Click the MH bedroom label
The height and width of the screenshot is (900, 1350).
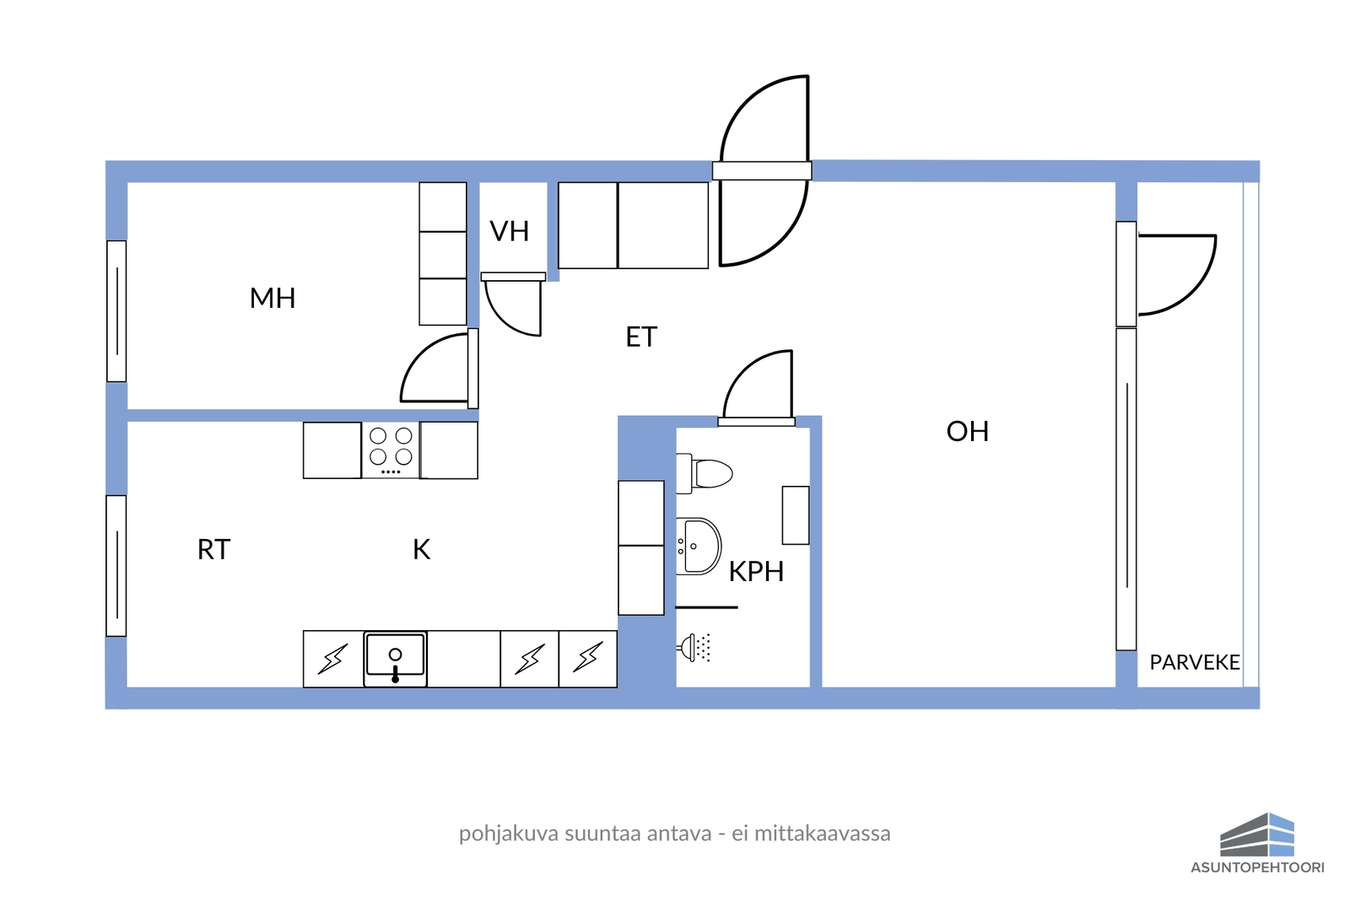(273, 299)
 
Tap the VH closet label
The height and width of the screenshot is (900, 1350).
(510, 231)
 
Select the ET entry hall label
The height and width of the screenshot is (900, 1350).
(641, 337)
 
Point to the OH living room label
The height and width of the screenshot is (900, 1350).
(967, 431)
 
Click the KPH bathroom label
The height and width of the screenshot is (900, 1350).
(756, 572)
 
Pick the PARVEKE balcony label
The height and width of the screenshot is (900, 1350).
(1195, 663)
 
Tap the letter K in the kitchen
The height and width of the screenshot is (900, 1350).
(421, 549)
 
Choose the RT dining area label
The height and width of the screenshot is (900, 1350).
(214, 549)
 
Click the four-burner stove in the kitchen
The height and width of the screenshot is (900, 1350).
(391, 450)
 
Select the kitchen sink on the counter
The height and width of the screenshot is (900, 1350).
(396, 659)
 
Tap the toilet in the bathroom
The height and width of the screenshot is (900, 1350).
(704, 473)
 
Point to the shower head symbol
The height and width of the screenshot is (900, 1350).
(694, 648)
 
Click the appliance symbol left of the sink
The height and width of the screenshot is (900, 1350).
(332, 659)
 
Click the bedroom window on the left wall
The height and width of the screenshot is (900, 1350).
(116, 311)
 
